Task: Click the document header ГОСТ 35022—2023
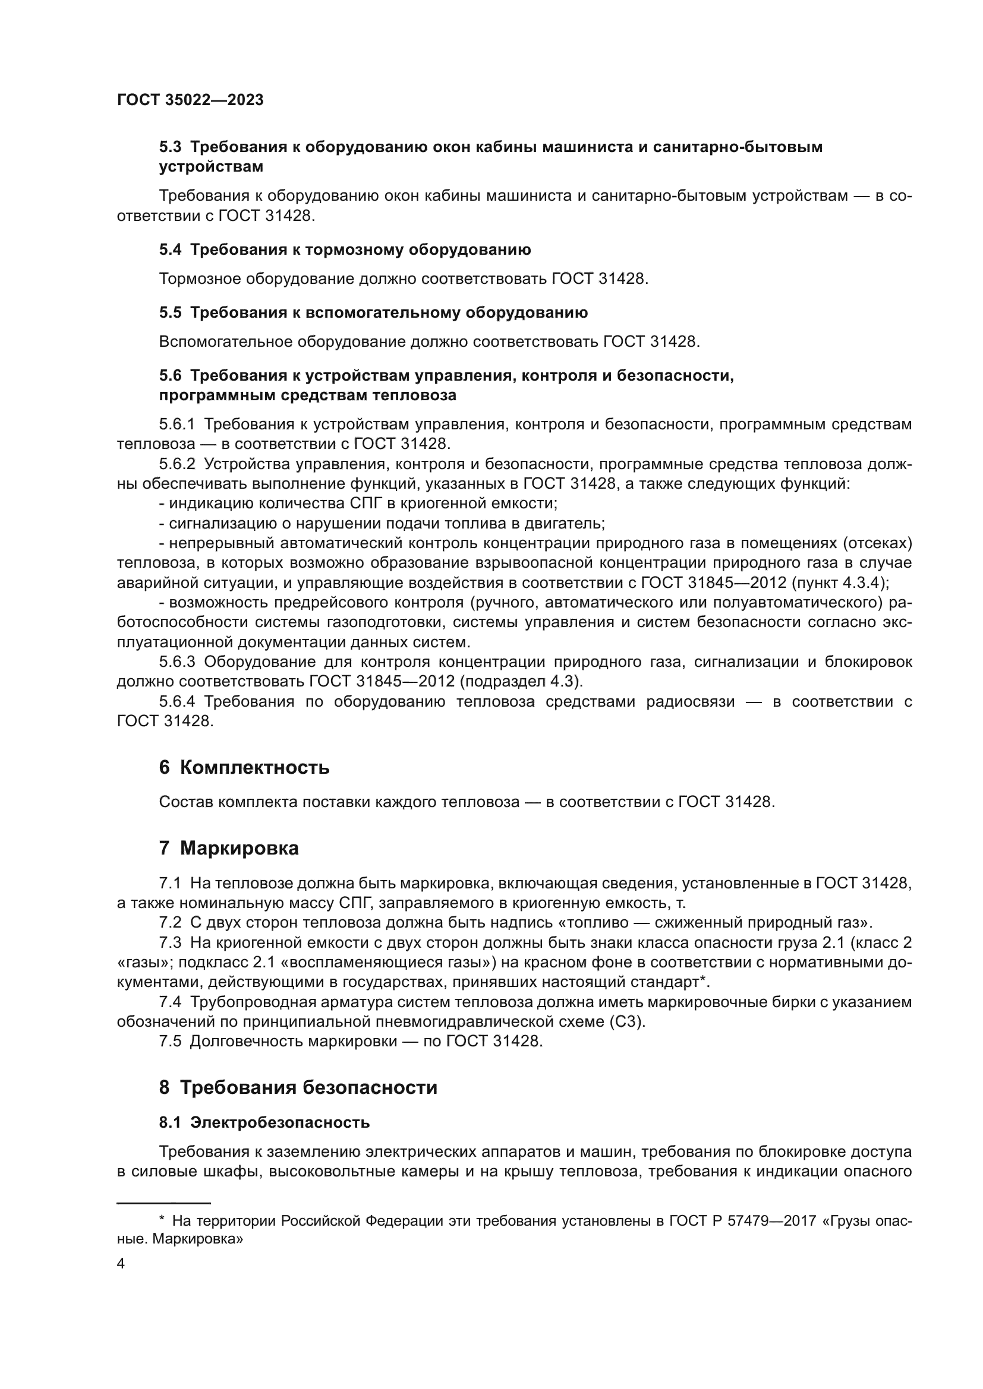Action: coord(190,100)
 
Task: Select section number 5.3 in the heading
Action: coord(170,147)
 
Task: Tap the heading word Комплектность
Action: coord(255,768)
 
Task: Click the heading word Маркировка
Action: coord(239,849)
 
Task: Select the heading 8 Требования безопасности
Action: coord(298,1088)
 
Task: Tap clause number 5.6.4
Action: coord(177,702)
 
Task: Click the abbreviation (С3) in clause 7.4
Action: coord(628,1022)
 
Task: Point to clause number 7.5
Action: coord(170,1042)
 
